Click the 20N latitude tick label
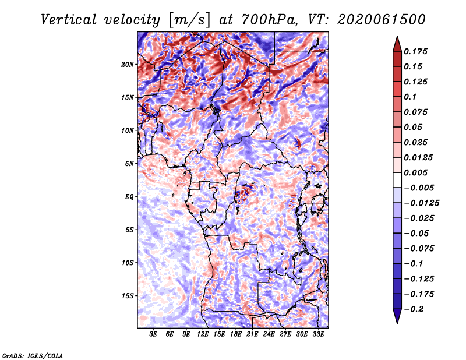pos(128,65)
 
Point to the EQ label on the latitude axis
pos(129,197)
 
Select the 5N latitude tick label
pos(129,164)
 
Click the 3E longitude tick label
pos(153,334)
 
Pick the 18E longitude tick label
pos(236,334)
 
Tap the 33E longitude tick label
pos(318,334)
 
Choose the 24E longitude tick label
pos(269,334)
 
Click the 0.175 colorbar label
pos(415,51)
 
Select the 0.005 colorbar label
pos(415,172)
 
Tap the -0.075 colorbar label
pos(419,249)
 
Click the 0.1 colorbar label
pos(410,97)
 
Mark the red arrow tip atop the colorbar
pos(397,36)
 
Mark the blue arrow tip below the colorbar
pos(397,323)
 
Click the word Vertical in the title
pos(69,20)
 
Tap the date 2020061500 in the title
pos(382,20)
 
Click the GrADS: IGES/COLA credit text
pos(33,355)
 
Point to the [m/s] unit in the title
pos(189,20)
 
